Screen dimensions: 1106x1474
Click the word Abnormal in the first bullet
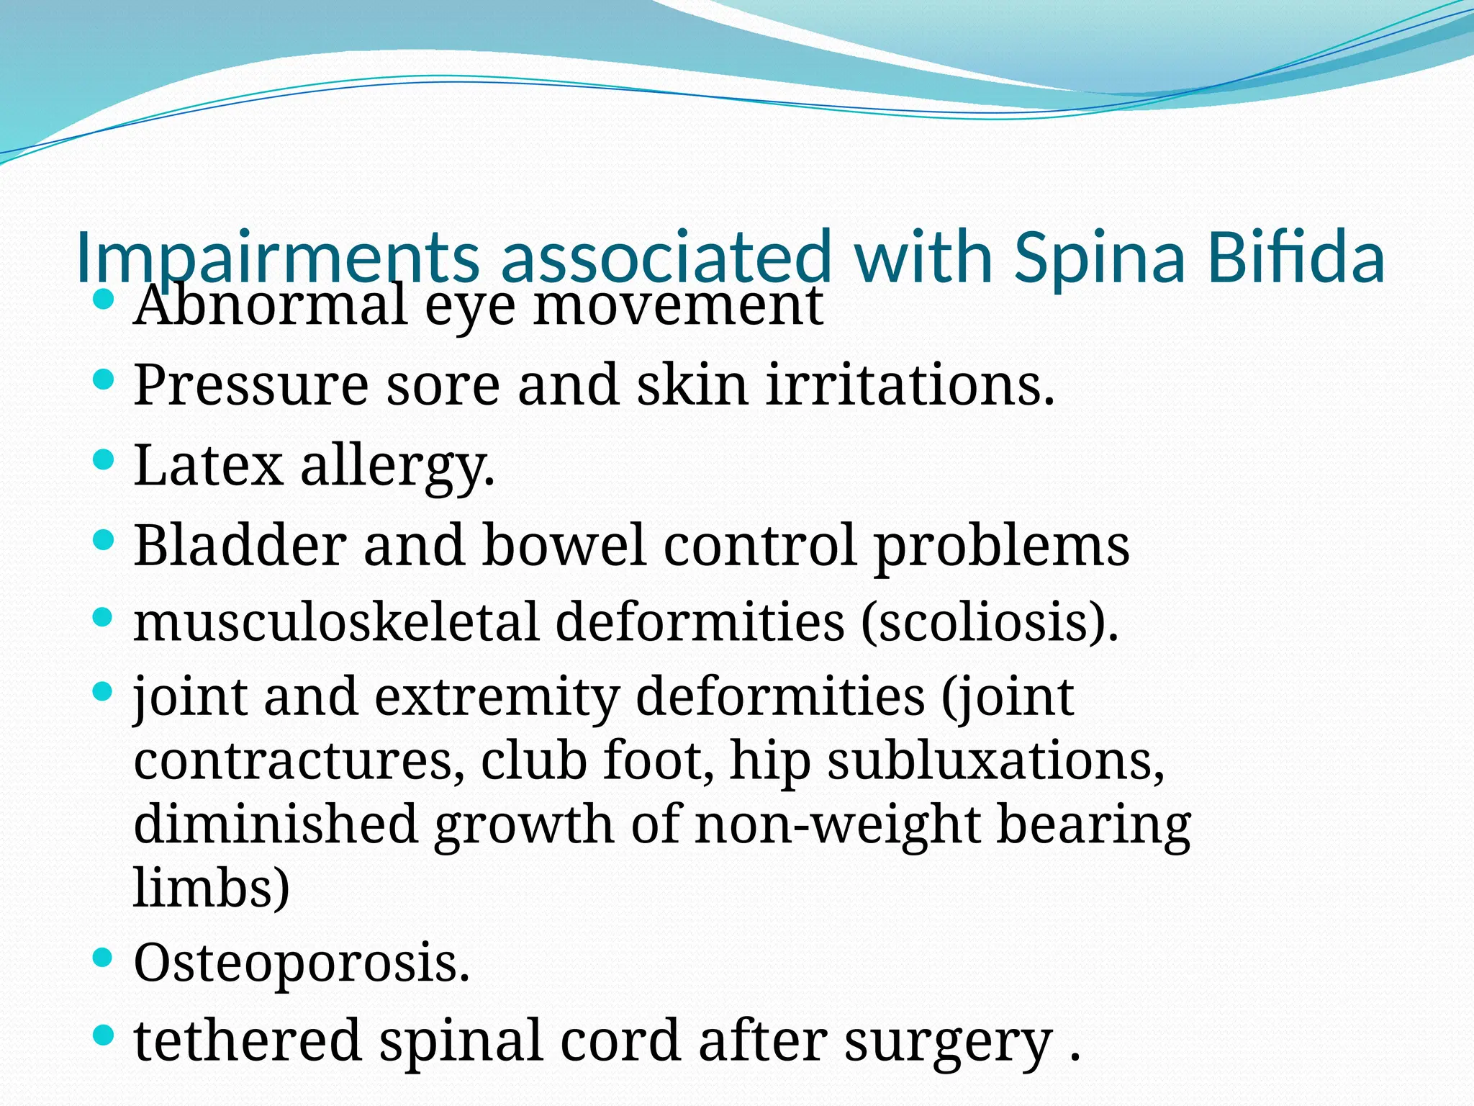click(270, 305)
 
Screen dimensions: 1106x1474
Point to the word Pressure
click(250, 386)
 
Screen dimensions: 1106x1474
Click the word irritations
click(910, 385)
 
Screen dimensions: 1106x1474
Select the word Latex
click(208, 466)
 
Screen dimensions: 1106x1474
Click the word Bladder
click(239, 545)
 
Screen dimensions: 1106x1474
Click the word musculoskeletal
click(336, 622)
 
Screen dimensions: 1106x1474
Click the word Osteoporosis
click(302, 963)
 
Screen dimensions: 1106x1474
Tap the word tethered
click(248, 1041)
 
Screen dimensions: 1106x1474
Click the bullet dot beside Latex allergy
click(104, 459)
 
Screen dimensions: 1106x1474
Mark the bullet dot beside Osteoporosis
click(104, 957)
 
